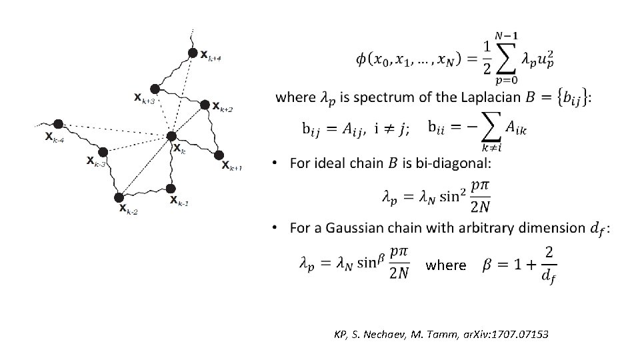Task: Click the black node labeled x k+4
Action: (193, 53)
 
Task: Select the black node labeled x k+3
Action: (155, 89)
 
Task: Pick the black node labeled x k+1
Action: (219, 155)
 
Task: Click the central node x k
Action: (171, 137)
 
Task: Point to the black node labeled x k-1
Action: (172, 188)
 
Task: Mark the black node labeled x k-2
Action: (119, 197)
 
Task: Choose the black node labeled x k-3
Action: (103, 152)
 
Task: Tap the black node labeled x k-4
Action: (59, 124)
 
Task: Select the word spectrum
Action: (377, 98)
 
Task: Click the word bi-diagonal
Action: (451, 163)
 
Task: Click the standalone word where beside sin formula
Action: (446, 265)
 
